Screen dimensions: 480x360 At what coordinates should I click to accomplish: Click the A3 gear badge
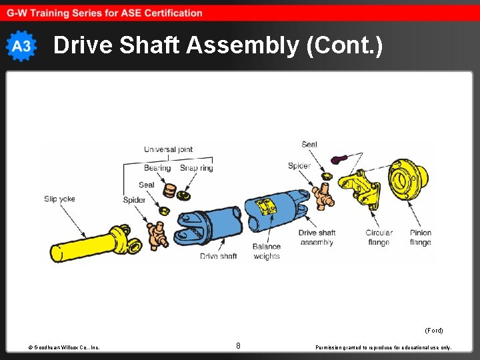21,46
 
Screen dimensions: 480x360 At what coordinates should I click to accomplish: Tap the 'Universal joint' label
168,149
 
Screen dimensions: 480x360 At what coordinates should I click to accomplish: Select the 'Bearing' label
157,168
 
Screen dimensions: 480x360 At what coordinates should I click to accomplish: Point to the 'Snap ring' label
197,168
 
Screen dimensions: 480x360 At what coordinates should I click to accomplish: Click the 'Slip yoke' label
59,199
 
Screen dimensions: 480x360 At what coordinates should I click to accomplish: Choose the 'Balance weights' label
267,251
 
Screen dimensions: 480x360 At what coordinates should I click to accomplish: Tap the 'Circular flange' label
379,237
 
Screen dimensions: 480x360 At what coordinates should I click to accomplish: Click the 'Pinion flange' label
420,237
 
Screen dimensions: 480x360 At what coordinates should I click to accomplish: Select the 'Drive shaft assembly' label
317,237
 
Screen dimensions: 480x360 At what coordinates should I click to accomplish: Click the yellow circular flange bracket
360,190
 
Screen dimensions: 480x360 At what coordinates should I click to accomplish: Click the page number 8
238,345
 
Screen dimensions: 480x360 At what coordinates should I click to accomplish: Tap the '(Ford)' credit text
433,330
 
